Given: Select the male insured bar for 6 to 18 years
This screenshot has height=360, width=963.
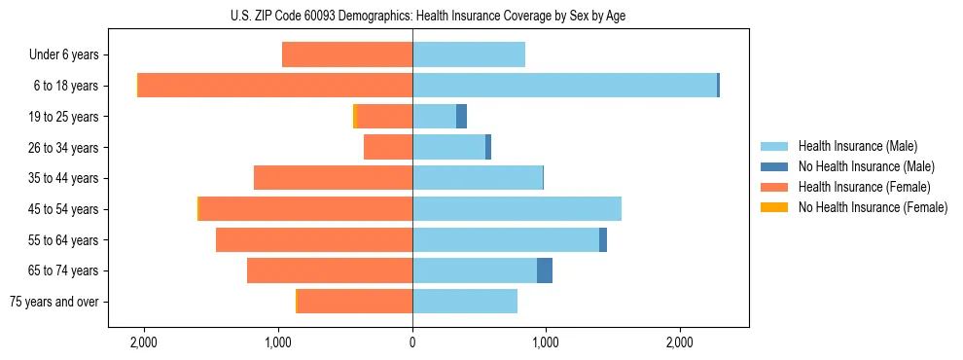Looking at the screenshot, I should [x=564, y=86].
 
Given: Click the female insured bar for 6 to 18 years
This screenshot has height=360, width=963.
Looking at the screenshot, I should [x=275, y=86].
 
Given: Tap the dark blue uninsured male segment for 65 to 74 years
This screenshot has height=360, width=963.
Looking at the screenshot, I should [x=545, y=270].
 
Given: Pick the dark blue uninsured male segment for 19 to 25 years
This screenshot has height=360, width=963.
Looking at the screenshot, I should [x=461, y=117].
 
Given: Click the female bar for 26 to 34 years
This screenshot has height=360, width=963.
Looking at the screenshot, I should [x=388, y=147].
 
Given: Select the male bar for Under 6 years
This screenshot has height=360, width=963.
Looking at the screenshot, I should [x=469, y=54].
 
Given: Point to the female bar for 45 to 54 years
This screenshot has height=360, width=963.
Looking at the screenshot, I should [x=305, y=209].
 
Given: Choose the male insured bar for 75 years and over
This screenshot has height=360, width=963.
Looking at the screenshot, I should [x=465, y=302].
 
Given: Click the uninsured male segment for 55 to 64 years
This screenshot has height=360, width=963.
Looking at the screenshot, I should [x=603, y=239].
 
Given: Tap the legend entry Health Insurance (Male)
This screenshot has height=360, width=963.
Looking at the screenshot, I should [x=857, y=146].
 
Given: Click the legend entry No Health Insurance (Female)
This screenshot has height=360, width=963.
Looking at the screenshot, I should [x=873, y=207].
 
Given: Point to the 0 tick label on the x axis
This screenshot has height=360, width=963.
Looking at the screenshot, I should [x=412, y=342].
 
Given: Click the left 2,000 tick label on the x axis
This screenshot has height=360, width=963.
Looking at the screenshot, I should [x=144, y=342].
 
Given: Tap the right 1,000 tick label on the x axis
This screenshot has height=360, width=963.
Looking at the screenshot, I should [x=546, y=342].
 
